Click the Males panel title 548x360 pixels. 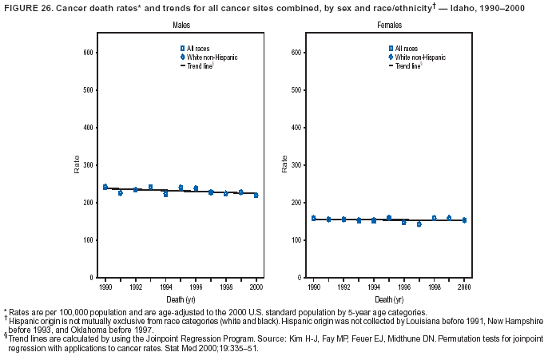[x=181, y=26]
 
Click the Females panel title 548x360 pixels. [x=390, y=26]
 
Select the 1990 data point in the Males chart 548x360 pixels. [x=105, y=187]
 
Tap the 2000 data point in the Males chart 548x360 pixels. [x=256, y=195]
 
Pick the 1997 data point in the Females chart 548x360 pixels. [x=419, y=224]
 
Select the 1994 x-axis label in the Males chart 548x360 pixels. [x=165, y=285]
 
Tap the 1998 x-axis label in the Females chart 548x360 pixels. [x=434, y=285]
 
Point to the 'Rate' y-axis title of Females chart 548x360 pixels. [x=285, y=164]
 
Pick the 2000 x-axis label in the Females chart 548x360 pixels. [x=464, y=285]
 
